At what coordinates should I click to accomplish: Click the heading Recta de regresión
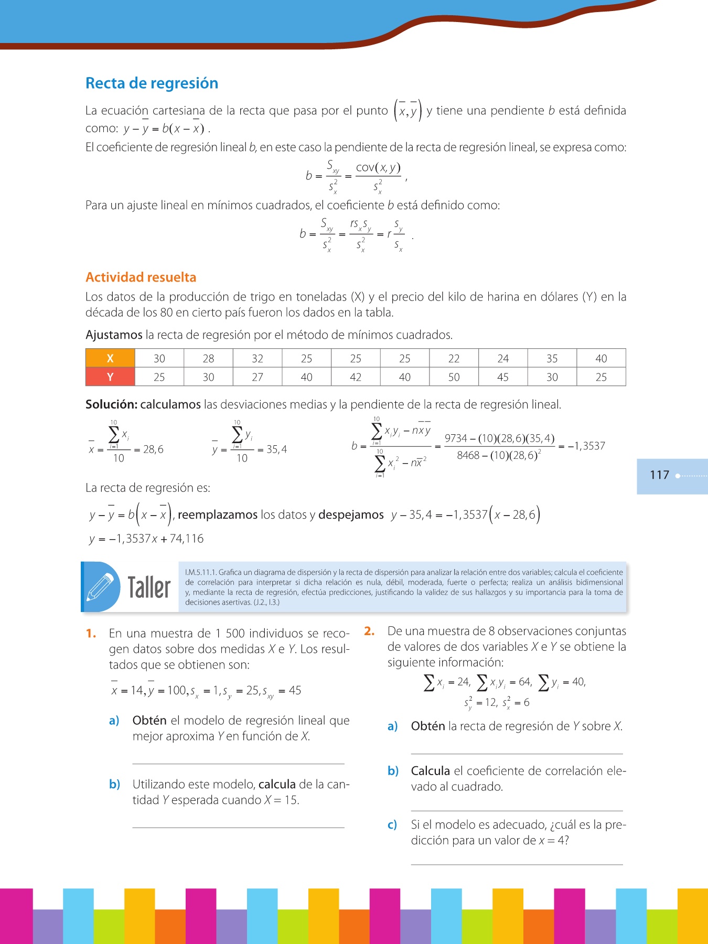coord(152,83)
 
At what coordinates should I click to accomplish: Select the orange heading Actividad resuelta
coord(141,277)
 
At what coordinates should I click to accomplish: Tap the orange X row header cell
coord(110,358)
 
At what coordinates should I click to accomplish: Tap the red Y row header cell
coord(110,377)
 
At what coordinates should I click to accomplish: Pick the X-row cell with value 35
coord(552,358)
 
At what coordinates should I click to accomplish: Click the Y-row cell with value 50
coord(454,377)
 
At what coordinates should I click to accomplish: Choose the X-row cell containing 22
coord(454,358)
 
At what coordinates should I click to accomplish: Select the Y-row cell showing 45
coord(502,377)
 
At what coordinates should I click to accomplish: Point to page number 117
coord(659,475)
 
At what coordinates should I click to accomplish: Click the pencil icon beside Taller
coord(100,587)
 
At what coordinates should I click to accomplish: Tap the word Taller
coord(149,587)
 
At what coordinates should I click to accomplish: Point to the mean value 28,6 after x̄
coord(153,449)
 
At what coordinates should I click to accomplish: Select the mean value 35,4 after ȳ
coord(276,449)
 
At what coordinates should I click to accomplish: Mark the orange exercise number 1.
coord(91,634)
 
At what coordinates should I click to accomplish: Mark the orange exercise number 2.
coord(369,631)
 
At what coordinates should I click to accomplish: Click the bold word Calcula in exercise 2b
coord(430,771)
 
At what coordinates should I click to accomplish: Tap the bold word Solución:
coord(111,404)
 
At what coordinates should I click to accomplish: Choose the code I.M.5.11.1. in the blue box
coord(200,572)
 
